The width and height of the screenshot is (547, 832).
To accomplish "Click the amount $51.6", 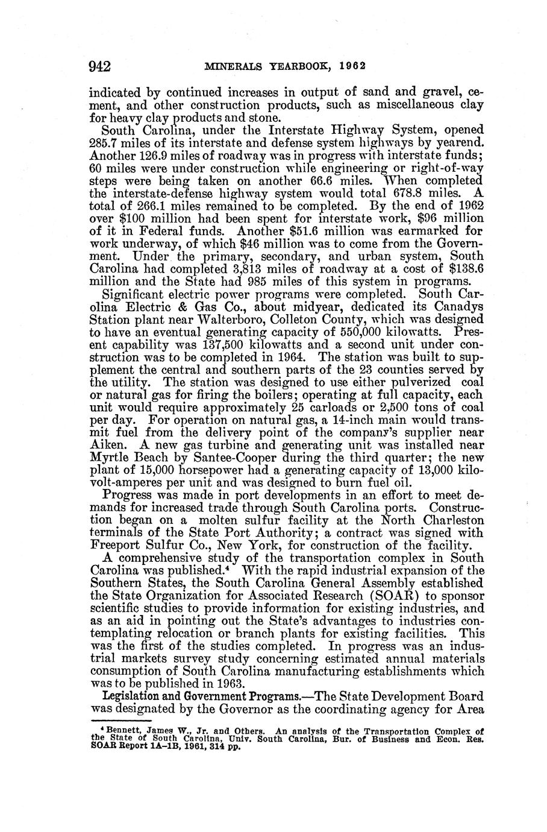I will coord(338,230).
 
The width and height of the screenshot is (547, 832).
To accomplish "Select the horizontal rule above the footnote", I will coord(120,720).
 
